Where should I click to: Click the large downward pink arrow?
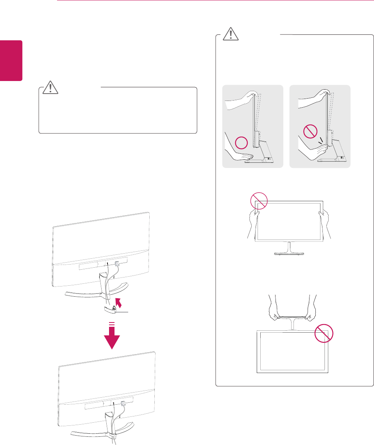click(113, 336)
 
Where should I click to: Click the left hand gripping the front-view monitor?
click(254, 221)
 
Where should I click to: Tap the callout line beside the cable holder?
click(125, 312)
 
